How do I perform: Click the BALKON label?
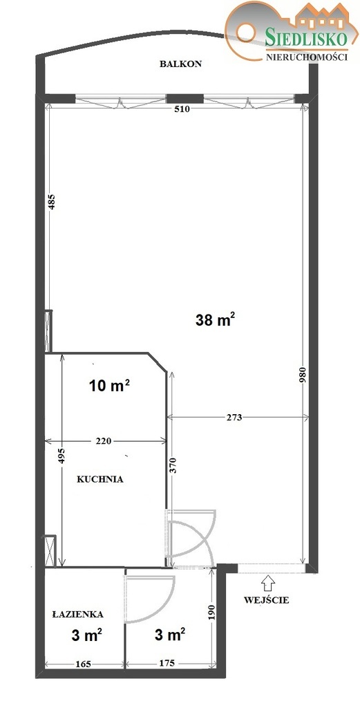click(180, 64)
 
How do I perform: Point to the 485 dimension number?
click(52, 202)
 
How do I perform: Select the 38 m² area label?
click(216, 319)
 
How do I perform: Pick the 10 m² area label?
click(110, 386)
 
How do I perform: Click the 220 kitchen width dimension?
click(104, 441)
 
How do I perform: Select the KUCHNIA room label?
click(100, 480)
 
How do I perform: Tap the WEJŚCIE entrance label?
click(267, 601)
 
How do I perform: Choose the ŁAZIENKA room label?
click(77, 614)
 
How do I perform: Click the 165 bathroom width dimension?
click(84, 664)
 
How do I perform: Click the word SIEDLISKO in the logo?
click(306, 39)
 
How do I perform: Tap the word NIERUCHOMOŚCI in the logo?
click(307, 57)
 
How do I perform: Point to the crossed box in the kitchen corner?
click(49, 550)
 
